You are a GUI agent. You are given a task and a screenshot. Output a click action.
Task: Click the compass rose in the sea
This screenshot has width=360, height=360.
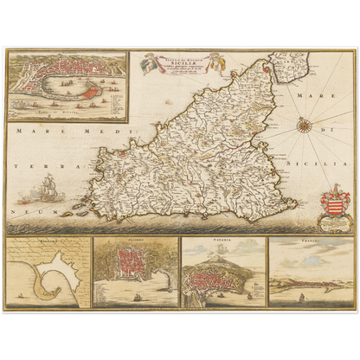tap(305, 126)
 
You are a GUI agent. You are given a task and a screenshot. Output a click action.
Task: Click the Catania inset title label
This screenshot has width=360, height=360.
tap(222, 241)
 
